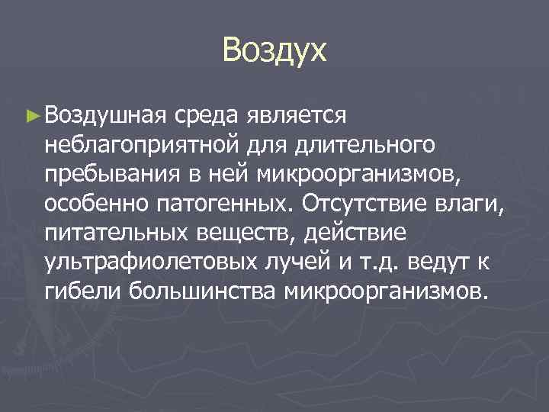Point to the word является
tap(298, 115)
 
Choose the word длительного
tap(368, 145)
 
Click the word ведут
tap(445, 262)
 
